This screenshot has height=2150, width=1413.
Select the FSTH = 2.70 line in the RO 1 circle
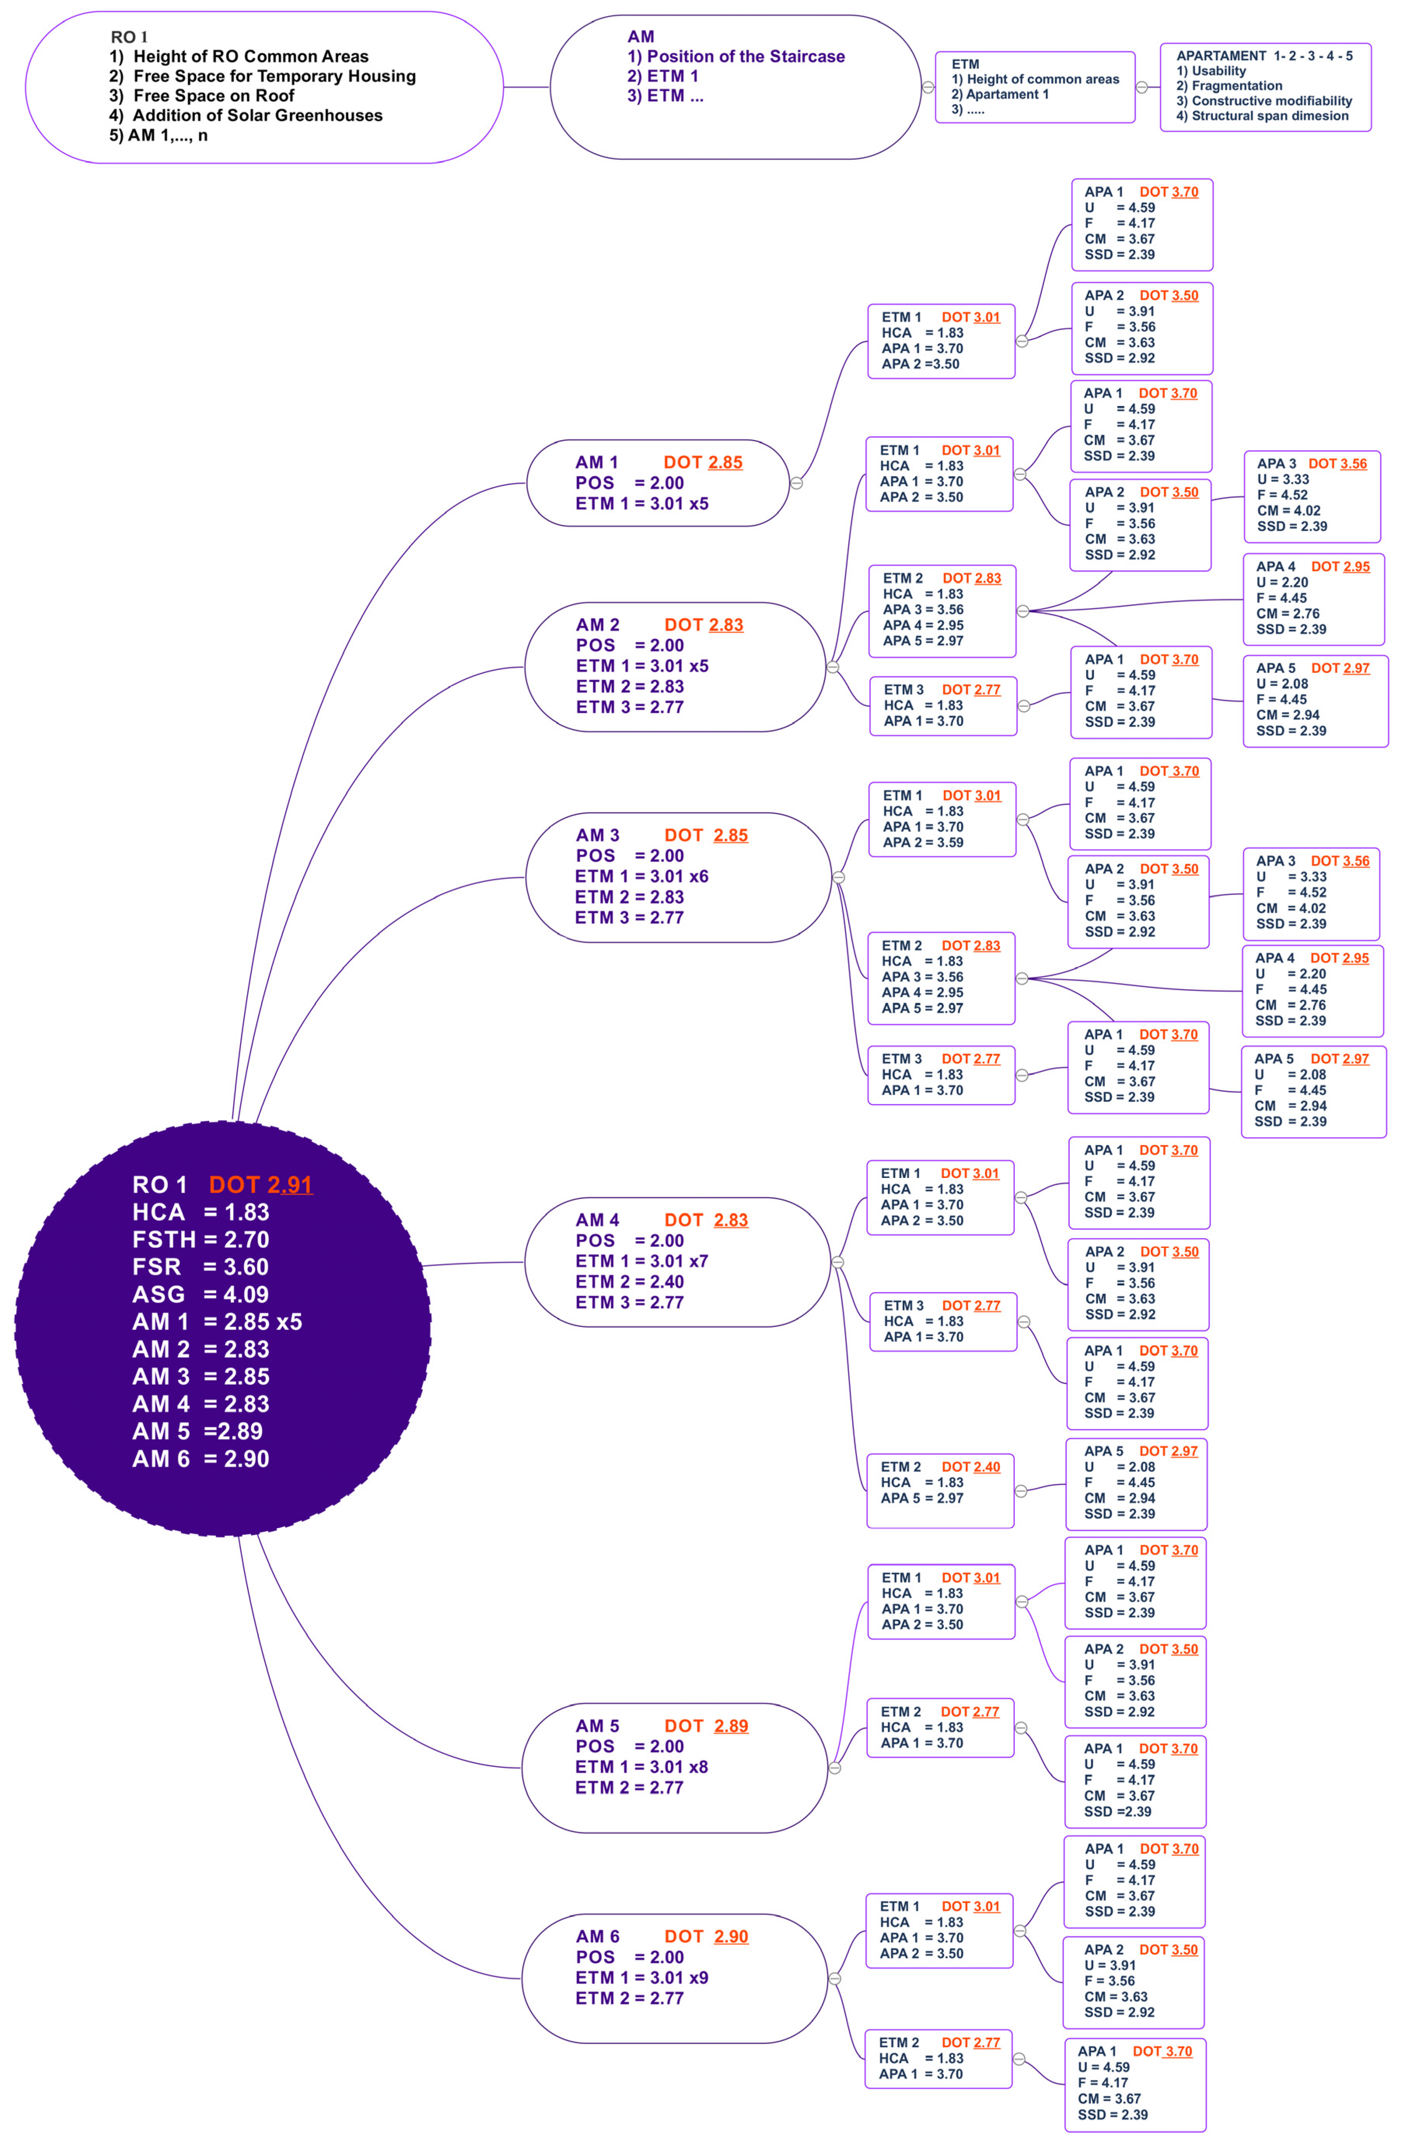pyautogui.click(x=201, y=1239)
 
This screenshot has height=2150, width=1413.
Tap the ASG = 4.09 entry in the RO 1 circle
pyautogui.click(x=201, y=1295)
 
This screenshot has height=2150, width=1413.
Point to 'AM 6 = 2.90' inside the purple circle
pyautogui.click(x=201, y=1459)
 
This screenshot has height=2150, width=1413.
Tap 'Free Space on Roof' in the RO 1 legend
pyautogui.click(x=214, y=96)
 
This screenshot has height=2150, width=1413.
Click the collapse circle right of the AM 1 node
pyautogui.click(x=796, y=483)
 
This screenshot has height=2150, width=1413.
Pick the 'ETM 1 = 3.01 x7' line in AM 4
pyautogui.click(x=642, y=1261)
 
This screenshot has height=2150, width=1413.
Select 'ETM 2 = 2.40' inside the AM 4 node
pyautogui.click(x=630, y=1282)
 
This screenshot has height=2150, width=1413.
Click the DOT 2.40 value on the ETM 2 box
pyautogui.click(x=971, y=1467)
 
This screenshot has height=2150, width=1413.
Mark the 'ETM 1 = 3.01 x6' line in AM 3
pyautogui.click(x=642, y=876)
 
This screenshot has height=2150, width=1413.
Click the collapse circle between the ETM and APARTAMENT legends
pyautogui.click(x=1142, y=88)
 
